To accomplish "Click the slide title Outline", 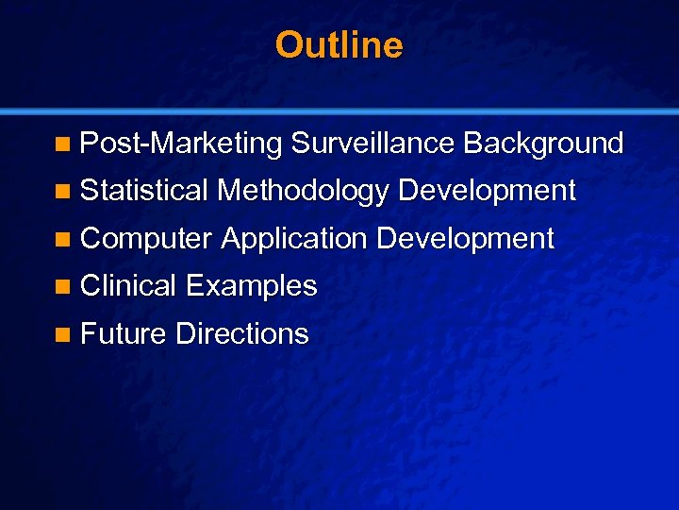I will tap(339, 45).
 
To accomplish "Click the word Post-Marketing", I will tap(181, 144).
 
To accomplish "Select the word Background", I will tap(543, 144).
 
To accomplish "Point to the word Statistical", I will tap(144, 191).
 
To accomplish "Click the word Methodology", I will tap(303, 192).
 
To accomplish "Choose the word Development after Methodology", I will tap(487, 192).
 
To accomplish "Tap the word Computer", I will tap(146, 239).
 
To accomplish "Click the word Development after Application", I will tap(465, 239).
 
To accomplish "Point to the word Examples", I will tap(251, 286).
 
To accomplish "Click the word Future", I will tap(124, 333).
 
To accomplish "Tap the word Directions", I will tap(241, 333).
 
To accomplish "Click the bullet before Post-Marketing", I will tap(62, 144).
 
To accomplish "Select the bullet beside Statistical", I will tap(62, 192).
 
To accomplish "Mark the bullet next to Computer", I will tap(62, 240).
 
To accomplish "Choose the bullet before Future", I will tap(62, 334).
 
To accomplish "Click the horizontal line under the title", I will tap(339, 110).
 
